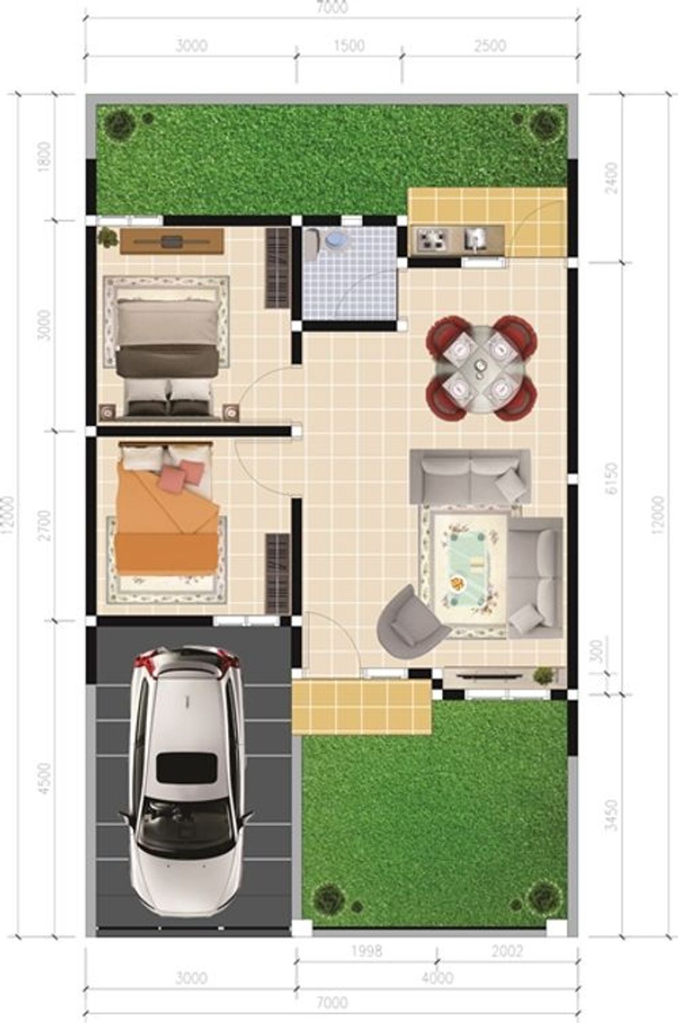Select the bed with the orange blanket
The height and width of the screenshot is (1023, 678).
[x=168, y=508]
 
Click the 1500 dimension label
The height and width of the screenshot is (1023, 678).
[x=350, y=46]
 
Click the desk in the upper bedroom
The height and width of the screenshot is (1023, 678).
[x=171, y=241]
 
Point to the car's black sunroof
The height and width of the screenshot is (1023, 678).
[x=187, y=768]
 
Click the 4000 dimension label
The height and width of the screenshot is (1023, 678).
[x=437, y=978]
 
